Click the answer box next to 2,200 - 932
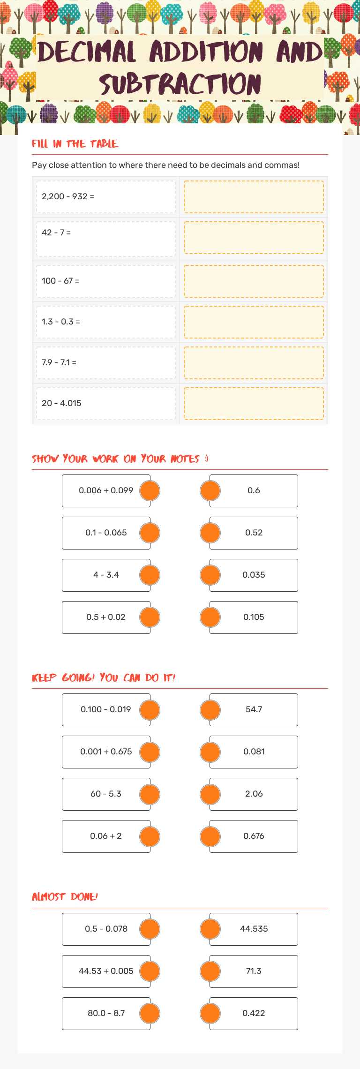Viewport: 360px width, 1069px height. coord(254,197)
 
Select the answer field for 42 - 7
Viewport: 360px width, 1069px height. coord(254,238)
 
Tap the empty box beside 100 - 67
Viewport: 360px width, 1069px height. coord(254,281)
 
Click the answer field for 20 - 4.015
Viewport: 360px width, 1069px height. coord(254,403)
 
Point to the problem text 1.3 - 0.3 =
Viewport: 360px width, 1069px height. coord(61,322)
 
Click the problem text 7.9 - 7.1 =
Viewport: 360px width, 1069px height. coord(59,362)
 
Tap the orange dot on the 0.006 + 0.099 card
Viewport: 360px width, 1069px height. coord(150,490)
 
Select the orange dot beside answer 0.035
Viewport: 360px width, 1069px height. coord(210,575)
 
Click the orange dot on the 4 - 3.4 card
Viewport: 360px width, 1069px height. coord(150,575)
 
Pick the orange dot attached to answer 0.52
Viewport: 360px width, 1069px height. coord(210,533)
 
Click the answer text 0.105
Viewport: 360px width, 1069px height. coord(254,617)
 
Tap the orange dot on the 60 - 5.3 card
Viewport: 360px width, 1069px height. coord(150,794)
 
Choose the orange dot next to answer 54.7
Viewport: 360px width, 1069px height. coord(210,709)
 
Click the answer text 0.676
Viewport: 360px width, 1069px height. coord(254,836)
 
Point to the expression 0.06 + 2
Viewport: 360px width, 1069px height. coord(106,836)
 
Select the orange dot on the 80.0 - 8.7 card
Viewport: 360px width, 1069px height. coord(150,1013)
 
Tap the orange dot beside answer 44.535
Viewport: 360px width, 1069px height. coord(210,929)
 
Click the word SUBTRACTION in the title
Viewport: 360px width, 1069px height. coord(180,84)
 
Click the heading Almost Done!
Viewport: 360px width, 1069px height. coord(65,897)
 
